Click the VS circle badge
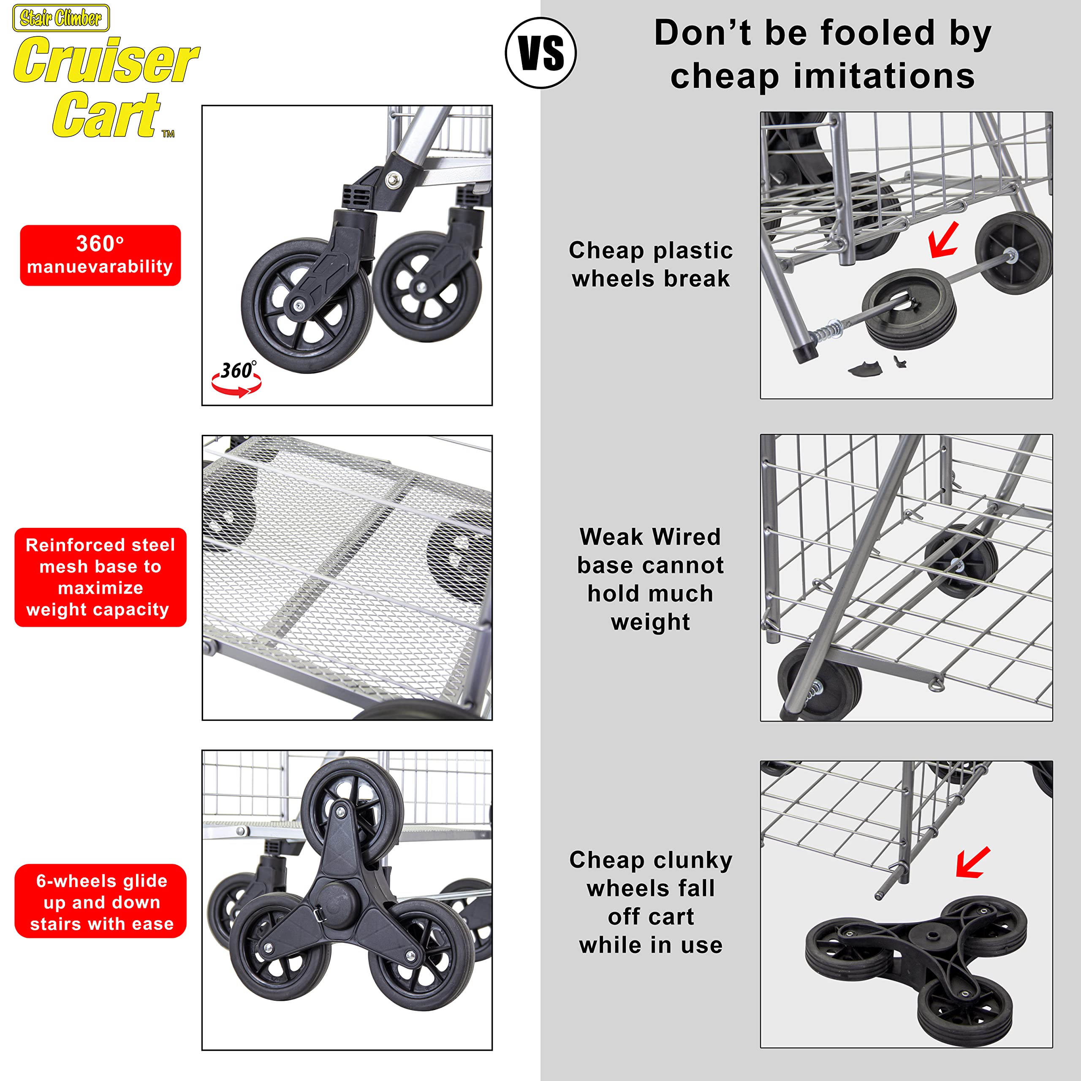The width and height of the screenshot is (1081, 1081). coord(540,53)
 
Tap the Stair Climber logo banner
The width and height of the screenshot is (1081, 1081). coord(61,18)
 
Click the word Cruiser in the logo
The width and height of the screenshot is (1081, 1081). coord(106,60)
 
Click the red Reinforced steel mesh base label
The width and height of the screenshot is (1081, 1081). coord(100,577)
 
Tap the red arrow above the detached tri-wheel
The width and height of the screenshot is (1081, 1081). coord(973,862)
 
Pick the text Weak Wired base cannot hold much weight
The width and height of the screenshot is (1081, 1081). coord(650,579)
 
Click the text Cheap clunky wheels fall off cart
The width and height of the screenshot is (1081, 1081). coord(651,902)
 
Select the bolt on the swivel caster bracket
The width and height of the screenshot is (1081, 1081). coord(395,179)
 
